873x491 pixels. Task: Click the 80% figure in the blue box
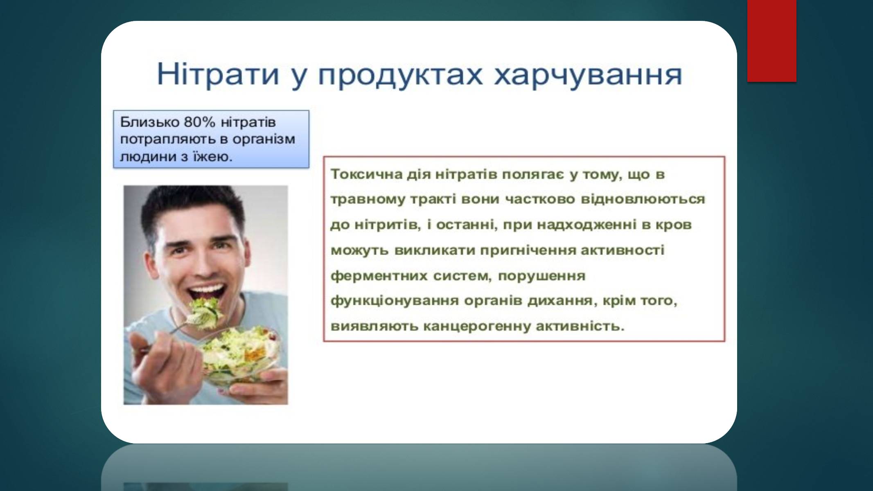(x=199, y=122)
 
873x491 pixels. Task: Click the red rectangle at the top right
(x=772, y=41)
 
